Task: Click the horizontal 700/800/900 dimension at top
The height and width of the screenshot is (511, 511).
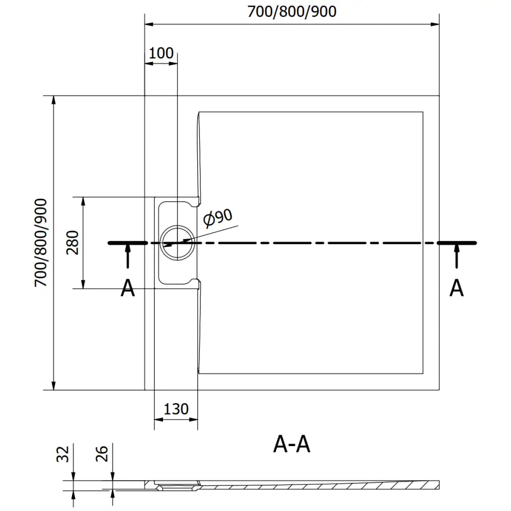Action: point(292,11)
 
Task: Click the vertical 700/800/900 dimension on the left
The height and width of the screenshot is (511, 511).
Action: point(41,243)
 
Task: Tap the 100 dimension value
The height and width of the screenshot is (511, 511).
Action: point(161,53)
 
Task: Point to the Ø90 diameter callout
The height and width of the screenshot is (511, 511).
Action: point(217,219)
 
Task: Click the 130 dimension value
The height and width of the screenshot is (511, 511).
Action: point(176,409)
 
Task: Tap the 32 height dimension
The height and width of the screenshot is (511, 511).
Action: point(62,454)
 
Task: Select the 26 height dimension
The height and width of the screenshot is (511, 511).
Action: point(102,454)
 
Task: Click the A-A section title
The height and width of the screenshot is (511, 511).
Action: point(292,445)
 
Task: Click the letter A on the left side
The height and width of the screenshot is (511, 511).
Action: point(127,289)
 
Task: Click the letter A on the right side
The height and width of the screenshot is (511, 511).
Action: point(456,289)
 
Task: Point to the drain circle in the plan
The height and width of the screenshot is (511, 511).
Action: point(177,243)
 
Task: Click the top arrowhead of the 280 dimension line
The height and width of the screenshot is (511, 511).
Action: point(84,201)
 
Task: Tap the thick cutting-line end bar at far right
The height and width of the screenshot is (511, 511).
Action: point(458,243)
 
